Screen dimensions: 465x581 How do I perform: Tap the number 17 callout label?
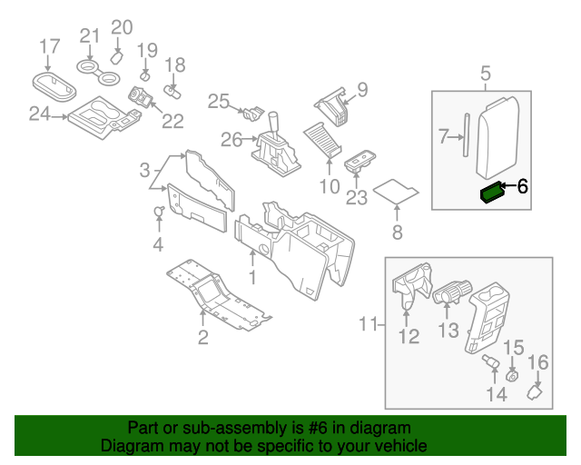tap(50, 45)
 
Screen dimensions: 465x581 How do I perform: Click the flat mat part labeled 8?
tap(397, 192)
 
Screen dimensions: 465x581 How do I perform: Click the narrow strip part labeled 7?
tap(465, 134)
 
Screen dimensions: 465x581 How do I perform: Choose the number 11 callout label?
tap(368, 324)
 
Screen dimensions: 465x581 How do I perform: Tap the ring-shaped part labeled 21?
tap(88, 67)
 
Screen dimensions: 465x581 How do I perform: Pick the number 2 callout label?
tap(203, 338)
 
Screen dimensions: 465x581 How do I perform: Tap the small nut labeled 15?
tap(511, 377)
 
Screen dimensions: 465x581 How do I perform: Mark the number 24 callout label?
tap(39, 114)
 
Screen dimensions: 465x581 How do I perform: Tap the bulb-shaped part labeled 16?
tap(536, 393)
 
